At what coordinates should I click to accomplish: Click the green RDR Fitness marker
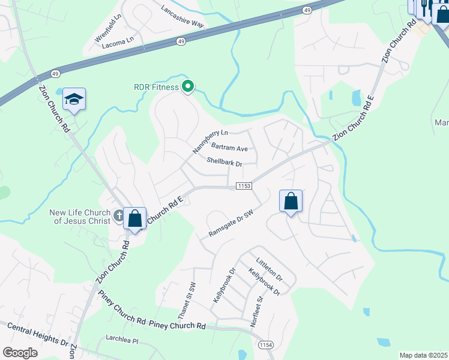187,87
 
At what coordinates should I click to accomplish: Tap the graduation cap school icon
74,99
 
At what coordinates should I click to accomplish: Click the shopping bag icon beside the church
135,218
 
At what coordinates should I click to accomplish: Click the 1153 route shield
243,186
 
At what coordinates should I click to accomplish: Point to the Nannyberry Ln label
210,140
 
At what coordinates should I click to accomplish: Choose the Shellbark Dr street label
224,163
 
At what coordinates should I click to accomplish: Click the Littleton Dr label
269,270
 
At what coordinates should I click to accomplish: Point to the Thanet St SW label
187,300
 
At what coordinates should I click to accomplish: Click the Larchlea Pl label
122,340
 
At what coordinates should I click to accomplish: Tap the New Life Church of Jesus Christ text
79,217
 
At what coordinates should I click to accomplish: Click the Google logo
20,352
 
